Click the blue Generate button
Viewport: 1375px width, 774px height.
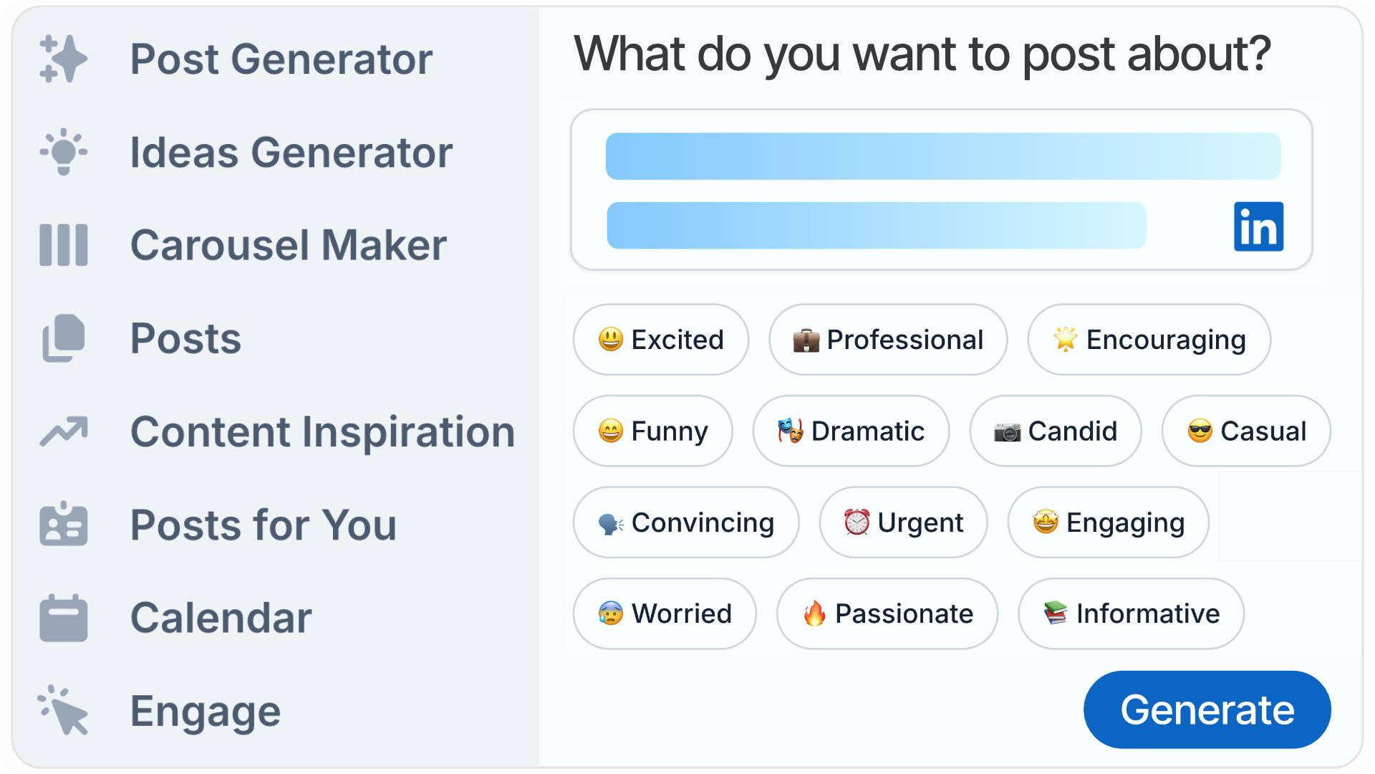pos(1207,709)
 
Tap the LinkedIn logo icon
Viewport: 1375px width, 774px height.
pos(1258,226)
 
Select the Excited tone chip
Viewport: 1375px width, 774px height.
pos(660,339)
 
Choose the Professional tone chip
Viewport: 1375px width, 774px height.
pos(888,339)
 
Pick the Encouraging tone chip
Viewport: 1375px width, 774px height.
pos(1149,339)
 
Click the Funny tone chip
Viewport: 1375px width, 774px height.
pos(652,431)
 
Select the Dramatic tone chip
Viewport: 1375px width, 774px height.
pos(851,431)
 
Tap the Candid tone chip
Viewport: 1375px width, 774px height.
pos(1055,431)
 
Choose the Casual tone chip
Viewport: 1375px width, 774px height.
pos(1246,431)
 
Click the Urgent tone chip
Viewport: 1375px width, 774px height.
pos(903,522)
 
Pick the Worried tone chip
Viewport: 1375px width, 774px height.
pos(664,613)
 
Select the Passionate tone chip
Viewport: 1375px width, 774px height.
pos(887,613)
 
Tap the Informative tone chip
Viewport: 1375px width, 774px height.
pos(1131,613)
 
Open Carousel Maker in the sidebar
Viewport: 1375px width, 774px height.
pos(288,245)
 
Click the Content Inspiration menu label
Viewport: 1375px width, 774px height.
pos(322,431)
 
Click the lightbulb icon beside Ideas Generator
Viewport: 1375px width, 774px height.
pos(64,152)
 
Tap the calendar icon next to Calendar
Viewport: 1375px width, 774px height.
pos(64,618)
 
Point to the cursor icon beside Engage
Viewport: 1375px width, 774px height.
pos(64,711)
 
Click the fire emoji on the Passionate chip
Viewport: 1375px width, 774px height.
pos(814,613)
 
